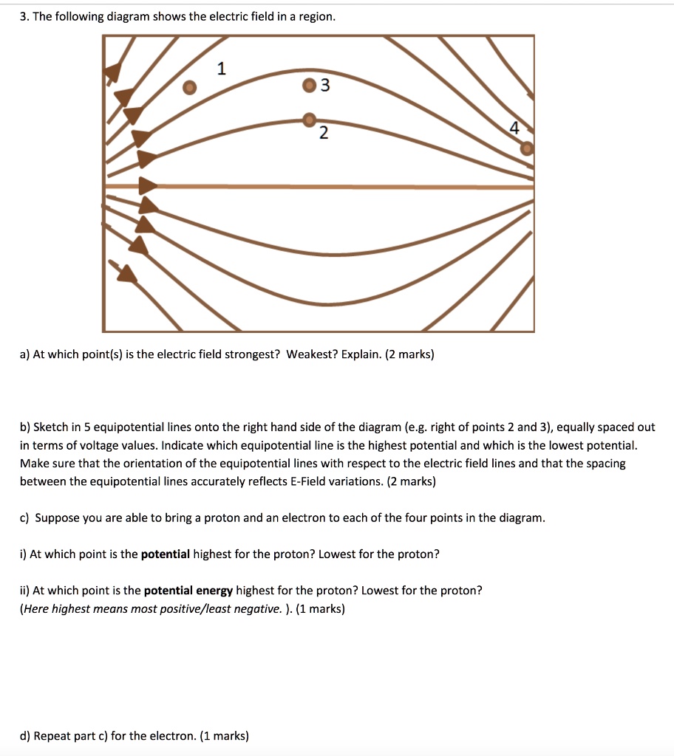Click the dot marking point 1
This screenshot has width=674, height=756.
click(x=190, y=87)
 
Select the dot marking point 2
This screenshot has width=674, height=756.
click(x=310, y=120)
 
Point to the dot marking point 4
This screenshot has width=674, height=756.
click(x=526, y=148)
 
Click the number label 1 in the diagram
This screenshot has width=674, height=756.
click(x=221, y=69)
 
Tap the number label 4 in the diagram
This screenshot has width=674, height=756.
click(x=514, y=128)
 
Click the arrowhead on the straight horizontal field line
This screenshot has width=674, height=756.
click(x=149, y=185)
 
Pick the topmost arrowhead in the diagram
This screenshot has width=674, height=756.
click(x=113, y=72)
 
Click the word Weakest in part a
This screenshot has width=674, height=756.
click(x=310, y=354)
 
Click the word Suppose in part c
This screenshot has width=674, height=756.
click(x=57, y=518)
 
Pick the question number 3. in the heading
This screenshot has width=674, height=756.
click(x=24, y=16)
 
